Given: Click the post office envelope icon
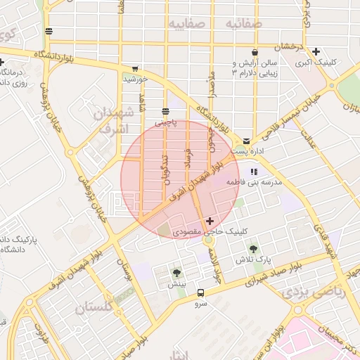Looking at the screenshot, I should click(x=247, y=141).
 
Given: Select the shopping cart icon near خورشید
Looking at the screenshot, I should click(x=134, y=69).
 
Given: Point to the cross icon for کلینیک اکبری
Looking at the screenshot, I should click(x=316, y=51).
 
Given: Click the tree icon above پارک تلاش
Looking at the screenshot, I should click(x=253, y=249).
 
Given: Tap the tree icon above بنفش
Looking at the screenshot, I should click(x=176, y=273).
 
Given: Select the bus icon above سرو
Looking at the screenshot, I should click(x=201, y=292).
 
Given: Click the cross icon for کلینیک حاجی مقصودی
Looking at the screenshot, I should click(x=209, y=221).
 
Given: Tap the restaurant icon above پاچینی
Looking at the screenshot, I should click(x=166, y=112).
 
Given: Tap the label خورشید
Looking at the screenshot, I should click(x=135, y=79).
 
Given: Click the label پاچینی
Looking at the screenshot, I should click(x=166, y=122).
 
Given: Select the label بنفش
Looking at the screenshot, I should click(x=176, y=284).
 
